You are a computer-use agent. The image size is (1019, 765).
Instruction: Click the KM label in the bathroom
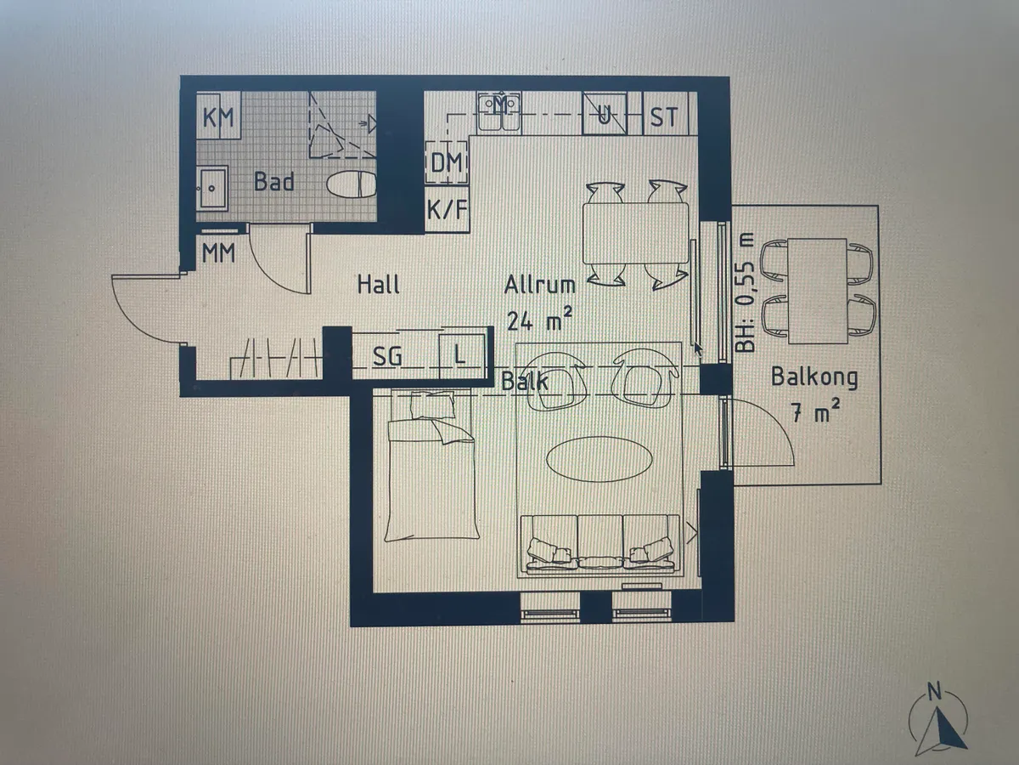[x=219, y=117]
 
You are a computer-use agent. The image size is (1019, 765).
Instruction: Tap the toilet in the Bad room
[x=352, y=184]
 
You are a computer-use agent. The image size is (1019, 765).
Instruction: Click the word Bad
[x=274, y=182]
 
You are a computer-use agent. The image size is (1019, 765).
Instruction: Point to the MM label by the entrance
[x=218, y=252]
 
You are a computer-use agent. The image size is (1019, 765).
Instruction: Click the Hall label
[x=378, y=284]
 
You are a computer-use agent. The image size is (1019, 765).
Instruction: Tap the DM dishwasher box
[x=446, y=162]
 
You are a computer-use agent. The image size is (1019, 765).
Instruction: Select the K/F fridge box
[x=446, y=209]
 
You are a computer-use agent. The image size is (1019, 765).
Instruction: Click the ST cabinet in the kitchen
[x=664, y=116]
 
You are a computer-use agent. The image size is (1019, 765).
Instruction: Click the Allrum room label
[x=540, y=285]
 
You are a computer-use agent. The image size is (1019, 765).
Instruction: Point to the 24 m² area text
[x=539, y=320]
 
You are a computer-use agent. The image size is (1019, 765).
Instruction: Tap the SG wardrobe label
[x=387, y=356]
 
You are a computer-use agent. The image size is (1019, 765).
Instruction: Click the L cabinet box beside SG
[x=460, y=353]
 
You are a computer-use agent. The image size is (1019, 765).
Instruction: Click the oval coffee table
[x=600, y=460]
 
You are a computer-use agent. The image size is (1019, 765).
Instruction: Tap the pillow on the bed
[x=433, y=405]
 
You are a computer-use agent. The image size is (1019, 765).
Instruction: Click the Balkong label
[x=814, y=377]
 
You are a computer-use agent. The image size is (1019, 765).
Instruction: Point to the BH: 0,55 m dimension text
[x=745, y=292]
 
